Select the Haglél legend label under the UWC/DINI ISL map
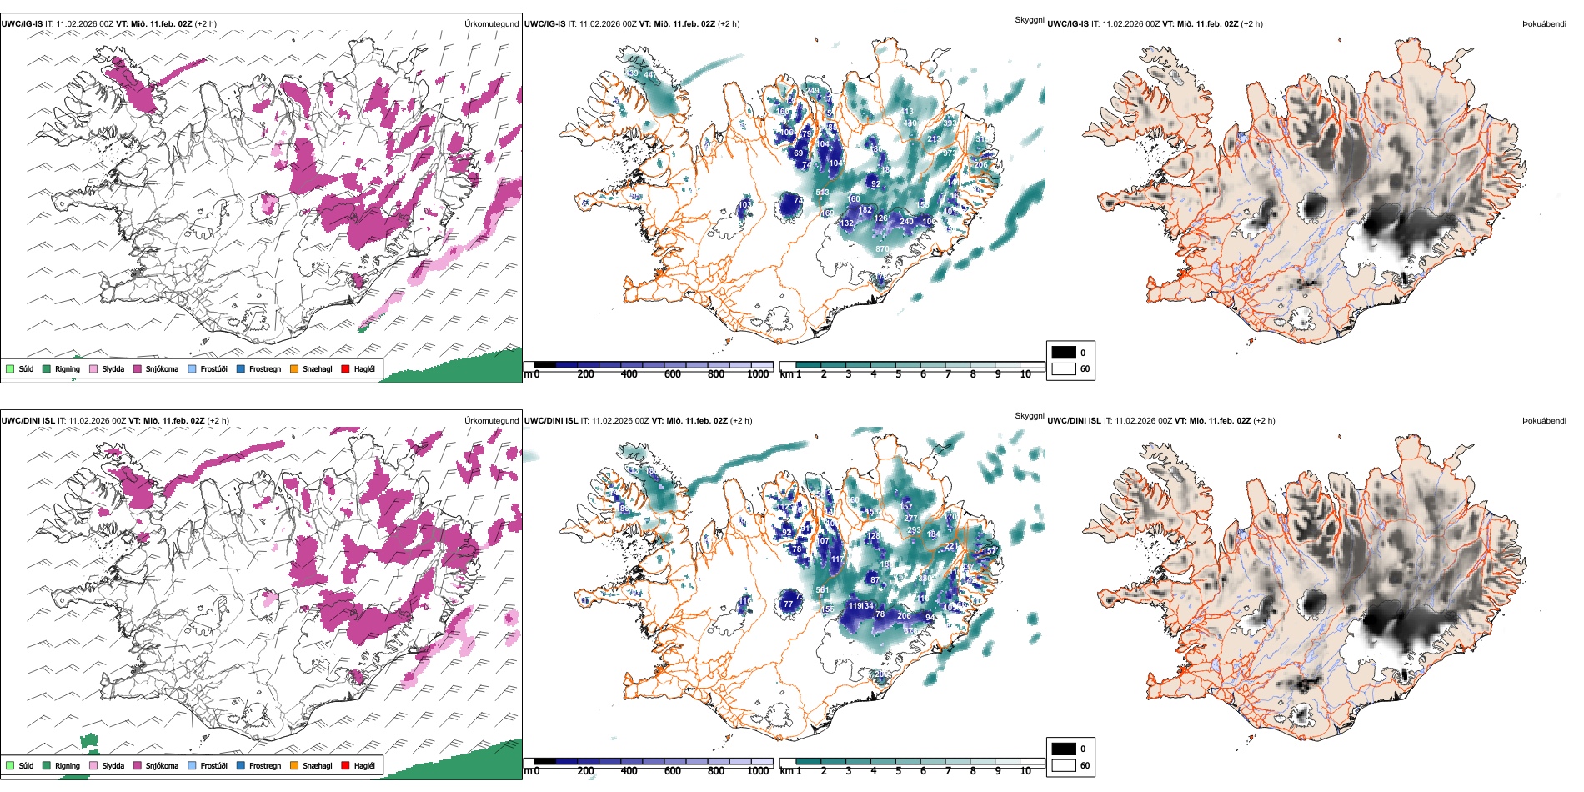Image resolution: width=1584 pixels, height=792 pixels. tap(364, 765)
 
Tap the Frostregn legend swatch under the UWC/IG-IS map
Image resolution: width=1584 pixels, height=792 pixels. tap(241, 368)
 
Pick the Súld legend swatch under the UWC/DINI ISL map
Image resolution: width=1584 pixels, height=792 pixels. tap(10, 765)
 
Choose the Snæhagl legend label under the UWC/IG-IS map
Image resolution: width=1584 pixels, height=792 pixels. tap(317, 368)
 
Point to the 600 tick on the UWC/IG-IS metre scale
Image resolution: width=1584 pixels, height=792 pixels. tap(673, 374)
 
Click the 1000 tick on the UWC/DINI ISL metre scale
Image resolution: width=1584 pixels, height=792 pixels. tap(758, 771)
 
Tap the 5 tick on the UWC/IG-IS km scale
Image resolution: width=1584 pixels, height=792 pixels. tap(898, 374)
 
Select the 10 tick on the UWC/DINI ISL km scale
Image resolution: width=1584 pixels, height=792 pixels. tap(1025, 771)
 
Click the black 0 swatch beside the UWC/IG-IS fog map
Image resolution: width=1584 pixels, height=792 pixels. tap(1064, 352)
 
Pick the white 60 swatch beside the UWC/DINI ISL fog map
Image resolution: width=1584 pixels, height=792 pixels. tap(1064, 765)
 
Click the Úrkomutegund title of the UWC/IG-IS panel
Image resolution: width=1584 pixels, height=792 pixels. tap(491, 23)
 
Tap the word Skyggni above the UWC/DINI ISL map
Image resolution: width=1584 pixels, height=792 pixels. tap(1029, 415)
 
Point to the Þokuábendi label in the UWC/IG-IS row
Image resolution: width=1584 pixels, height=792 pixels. tap(1544, 23)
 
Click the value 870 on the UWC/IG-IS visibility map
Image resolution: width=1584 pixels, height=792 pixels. tap(882, 249)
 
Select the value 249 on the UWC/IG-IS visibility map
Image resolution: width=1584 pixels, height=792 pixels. tap(812, 91)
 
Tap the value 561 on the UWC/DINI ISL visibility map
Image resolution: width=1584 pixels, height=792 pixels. tap(822, 590)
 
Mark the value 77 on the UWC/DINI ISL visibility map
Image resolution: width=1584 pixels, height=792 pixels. tap(788, 604)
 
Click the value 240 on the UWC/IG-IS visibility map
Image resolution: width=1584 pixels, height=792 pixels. tap(906, 222)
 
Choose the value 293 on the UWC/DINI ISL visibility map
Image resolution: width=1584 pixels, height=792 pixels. tap(914, 530)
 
